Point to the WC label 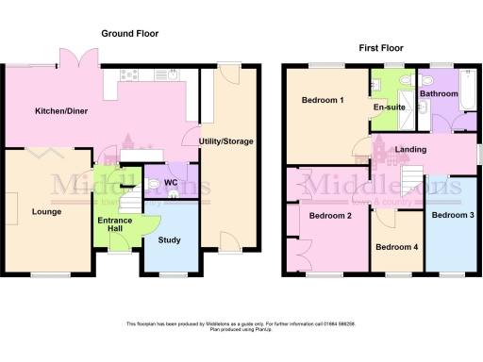point(171,182)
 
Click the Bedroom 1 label point(323,100)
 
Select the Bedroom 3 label point(451,215)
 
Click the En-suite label point(389,107)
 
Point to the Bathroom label point(439,93)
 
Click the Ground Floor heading point(130,34)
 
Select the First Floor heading point(382,46)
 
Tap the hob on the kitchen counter point(128,75)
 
